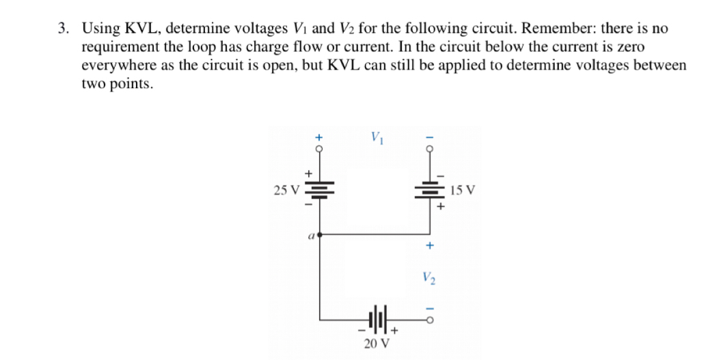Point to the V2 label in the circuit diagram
(x=429, y=278)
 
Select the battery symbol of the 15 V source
(x=430, y=190)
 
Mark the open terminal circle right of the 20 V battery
(x=430, y=319)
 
